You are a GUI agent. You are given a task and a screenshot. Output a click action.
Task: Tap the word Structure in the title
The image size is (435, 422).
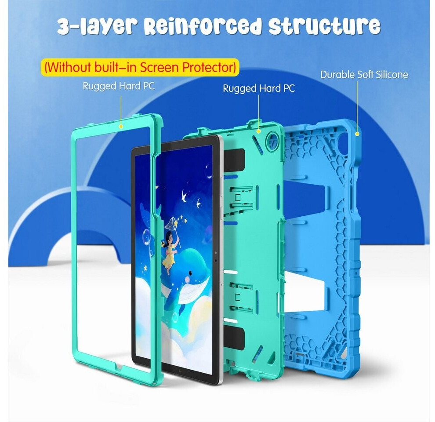point(324,25)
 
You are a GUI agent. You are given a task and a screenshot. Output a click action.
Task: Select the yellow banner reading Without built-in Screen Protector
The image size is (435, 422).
point(140,67)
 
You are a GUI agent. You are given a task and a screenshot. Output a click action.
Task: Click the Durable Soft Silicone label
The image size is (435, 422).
point(364,74)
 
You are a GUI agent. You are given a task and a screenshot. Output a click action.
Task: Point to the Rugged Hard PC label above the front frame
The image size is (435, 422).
point(119,86)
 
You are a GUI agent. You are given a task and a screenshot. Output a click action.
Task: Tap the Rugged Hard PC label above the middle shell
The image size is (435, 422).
point(258,88)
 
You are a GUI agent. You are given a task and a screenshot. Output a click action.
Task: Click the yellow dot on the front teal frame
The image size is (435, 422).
point(121,127)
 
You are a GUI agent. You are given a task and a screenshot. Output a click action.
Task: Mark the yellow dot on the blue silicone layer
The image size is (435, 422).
point(357,134)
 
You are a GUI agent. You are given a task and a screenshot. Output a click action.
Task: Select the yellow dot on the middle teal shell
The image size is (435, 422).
point(258,131)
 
